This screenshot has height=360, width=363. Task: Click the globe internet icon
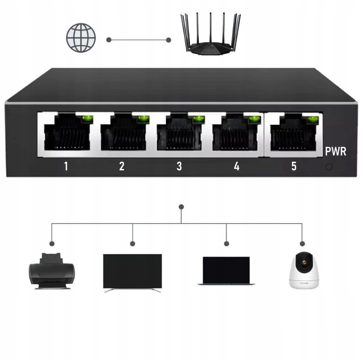(81, 38)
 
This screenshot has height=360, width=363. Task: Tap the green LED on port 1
(87, 119)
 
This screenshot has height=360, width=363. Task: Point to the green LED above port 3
(199, 119)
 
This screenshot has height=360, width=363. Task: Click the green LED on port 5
(313, 120)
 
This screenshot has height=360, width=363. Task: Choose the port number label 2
(122, 166)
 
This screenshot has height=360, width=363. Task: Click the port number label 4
(237, 166)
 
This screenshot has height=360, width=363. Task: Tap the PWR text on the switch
(336, 152)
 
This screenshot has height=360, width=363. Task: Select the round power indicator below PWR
(329, 167)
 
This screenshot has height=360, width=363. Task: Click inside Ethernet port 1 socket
(67, 135)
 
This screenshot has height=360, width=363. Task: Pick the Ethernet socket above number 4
(235, 134)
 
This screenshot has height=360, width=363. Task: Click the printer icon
(52, 271)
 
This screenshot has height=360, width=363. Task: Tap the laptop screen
(226, 270)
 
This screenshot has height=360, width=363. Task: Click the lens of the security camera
(304, 262)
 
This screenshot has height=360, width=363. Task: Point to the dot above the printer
(52, 244)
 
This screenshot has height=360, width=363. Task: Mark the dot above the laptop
(227, 244)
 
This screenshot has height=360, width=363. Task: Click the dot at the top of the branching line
(181, 207)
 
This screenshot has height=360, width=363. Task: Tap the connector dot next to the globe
(109, 40)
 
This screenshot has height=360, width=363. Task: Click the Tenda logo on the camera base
(304, 283)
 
